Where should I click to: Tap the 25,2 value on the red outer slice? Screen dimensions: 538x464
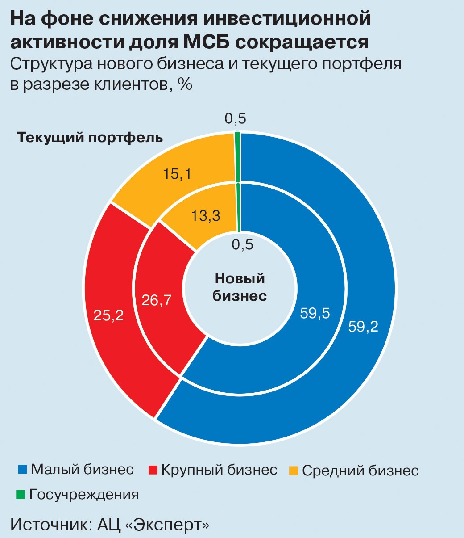tap(108, 315)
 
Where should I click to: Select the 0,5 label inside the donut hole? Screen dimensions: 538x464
tap(242, 245)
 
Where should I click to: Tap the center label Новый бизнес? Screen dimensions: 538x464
tap(240, 287)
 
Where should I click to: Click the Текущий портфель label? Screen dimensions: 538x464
tap(90, 138)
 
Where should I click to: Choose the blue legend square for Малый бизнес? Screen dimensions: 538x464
tap(22, 470)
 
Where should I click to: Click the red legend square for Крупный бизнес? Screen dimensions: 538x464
tap(153, 470)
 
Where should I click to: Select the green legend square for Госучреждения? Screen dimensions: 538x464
tap(21, 495)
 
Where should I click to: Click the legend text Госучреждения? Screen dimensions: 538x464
tap(84, 495)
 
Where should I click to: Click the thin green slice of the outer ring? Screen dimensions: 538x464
tap(237, 157)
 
